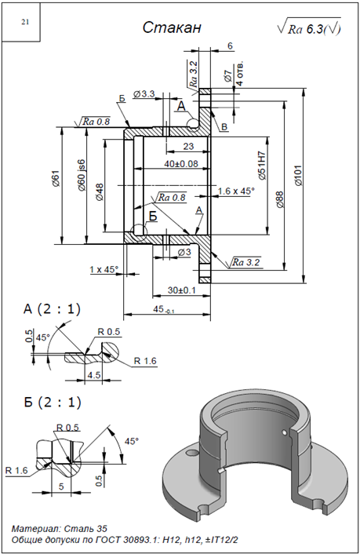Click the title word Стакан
click(172, 27)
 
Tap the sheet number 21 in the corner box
click(25, 22)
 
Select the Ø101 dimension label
click(298, 175)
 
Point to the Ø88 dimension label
click(280, 200)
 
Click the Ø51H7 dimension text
click(262, 166)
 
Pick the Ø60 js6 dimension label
click(82, 175)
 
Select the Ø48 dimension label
click(100, 192)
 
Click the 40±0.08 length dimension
click(181, 163)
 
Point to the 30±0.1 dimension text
click(182, 290)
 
